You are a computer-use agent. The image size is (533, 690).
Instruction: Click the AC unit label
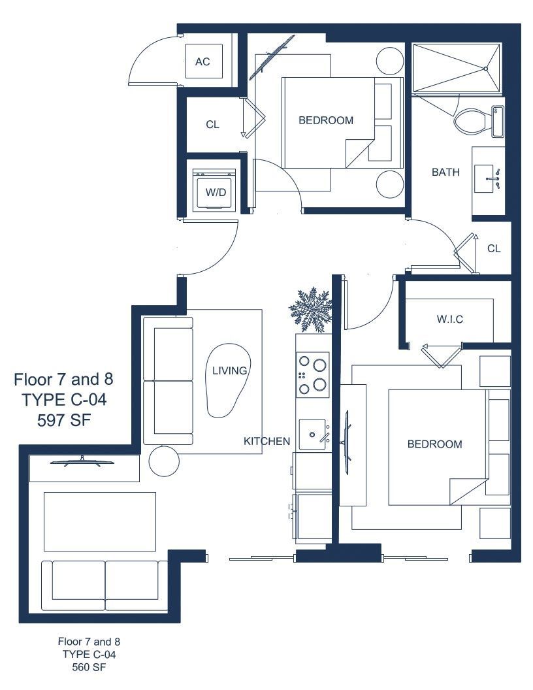coord(202,61)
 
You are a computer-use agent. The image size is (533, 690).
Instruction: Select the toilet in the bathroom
coord(472,122)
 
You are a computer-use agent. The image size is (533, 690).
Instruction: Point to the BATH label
coord(445,172)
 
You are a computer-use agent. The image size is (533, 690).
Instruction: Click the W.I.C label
coord(450,319)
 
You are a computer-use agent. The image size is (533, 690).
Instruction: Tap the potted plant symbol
coord(310,309)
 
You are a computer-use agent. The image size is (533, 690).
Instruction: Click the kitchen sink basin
coord(312,435)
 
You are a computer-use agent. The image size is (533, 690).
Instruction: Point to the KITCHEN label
coord(267,441)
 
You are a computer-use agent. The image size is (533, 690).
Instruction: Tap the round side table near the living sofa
coord(164,461)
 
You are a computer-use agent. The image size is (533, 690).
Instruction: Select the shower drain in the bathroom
coord(486,69)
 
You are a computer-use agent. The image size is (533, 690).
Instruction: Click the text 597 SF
coord(64,420)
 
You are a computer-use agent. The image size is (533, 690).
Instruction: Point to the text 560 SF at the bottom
coord(89,667)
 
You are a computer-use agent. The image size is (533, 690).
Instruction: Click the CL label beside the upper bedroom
coord(212,125)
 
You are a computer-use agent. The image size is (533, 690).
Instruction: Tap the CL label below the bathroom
coord(494,249)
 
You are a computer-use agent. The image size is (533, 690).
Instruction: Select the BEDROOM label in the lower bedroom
coord(434,444)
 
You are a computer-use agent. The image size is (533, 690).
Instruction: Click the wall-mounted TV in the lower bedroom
coord(346,442)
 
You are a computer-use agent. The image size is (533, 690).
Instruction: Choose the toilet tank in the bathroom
coord(498,122)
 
